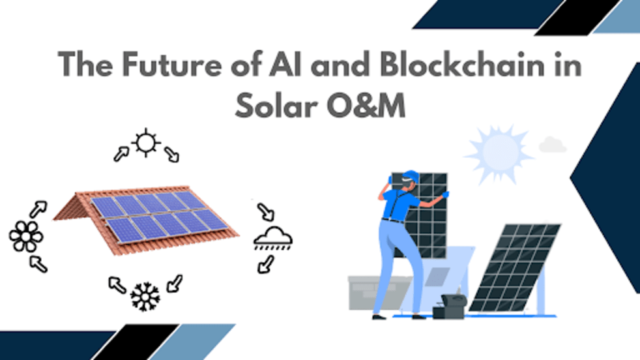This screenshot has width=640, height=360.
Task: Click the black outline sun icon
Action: [145, 142]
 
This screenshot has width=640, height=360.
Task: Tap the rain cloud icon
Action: [272, 239]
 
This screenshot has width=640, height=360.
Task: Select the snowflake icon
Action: [145, 296]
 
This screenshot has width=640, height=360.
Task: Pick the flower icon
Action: [26, 236]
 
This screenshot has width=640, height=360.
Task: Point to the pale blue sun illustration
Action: [499, 153]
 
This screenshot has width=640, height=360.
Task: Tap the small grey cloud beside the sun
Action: [553, 144]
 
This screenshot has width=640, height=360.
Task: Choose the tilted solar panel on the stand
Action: [515, 267]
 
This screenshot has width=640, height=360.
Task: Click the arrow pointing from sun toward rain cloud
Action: [171, 154]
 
